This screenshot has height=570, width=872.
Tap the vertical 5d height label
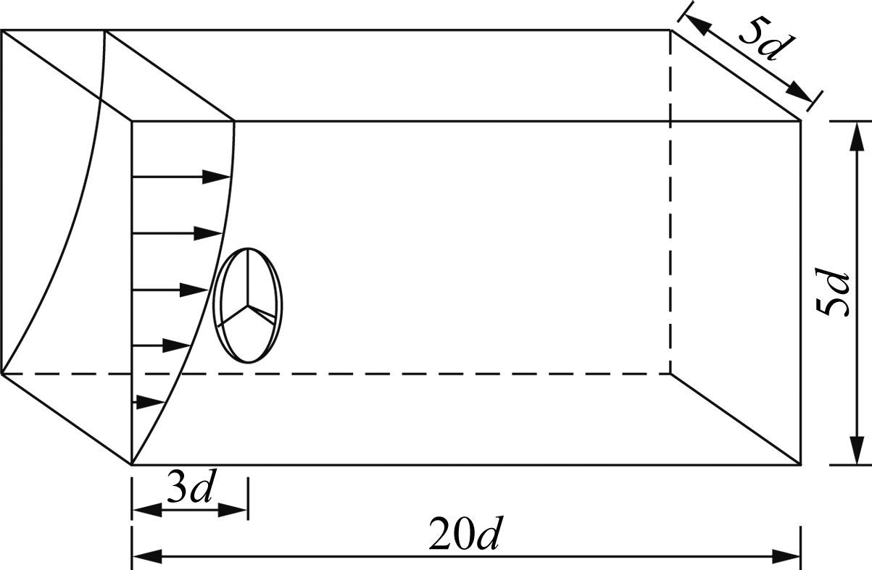[x=833, y=293]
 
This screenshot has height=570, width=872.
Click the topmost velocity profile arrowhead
[x=217, y=177]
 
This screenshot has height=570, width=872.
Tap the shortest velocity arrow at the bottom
[x=149, y=401]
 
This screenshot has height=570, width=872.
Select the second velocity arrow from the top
[x=177, y=233]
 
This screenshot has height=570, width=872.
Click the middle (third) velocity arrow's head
[x=194, y=290]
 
